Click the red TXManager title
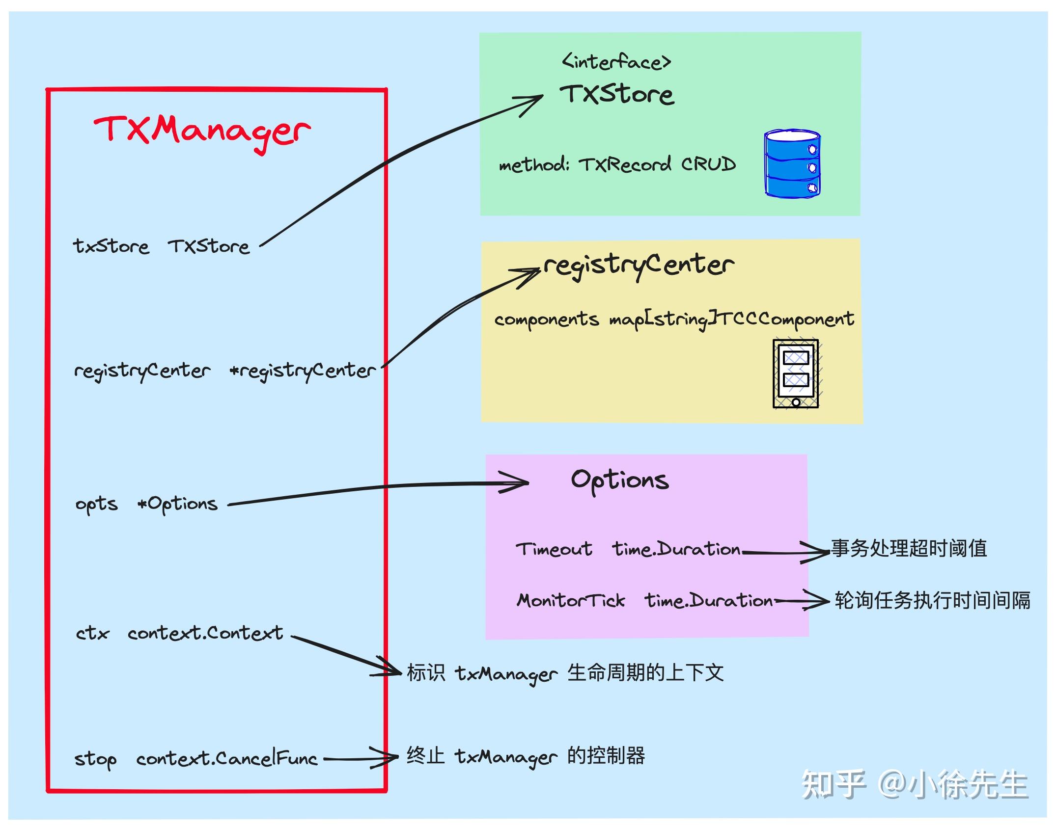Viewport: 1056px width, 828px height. pyautogui.click(x=202, y=132)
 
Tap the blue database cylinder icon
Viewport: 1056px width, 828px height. pyautogui.click(x=792, y=164)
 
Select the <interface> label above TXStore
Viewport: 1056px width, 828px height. pyautogui.click(x=616, y=62)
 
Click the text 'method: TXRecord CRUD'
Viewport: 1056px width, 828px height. pyautogui.click(x=617, y=164)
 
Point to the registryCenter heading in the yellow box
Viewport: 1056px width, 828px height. pyautogui.click(x=639, y=266)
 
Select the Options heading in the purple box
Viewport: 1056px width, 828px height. pyautogui.click(x=619, y=481)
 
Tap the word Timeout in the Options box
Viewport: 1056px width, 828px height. pyautogui.click(x=554, y=549)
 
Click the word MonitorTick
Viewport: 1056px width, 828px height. pyautogui.click(x=571, y=600)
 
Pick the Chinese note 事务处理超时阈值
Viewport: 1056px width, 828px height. pyautogui.click(x=909, y=548)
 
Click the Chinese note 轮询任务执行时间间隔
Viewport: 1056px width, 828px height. pyautogui.click(x=932, y=600)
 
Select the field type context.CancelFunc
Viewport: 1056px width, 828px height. pyautogui.click(x=227, y=759)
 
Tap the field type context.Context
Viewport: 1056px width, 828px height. pyautogui.click(x=205, y=633)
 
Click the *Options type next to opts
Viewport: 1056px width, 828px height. pyautogui.click(x=178, y=504)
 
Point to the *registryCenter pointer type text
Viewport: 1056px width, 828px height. pyautogui.click(x=303, y=371)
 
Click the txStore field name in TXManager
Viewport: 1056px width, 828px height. pyautogui.click(x=111, y=246)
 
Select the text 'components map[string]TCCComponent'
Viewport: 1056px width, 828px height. pyautogui.click(x=674, y=320)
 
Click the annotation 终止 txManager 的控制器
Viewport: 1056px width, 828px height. pyautogui.click(x=526, y=756)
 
